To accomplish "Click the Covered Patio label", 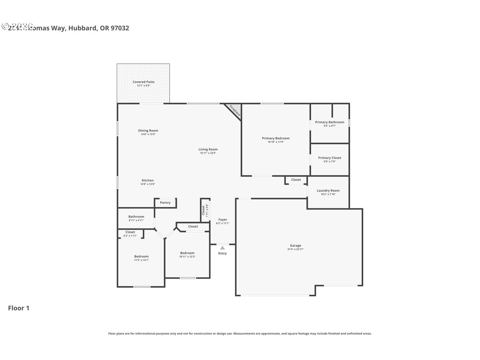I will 143,82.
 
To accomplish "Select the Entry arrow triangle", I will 222,247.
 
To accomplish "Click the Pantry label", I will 165,203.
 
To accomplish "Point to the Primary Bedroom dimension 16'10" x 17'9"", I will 276,142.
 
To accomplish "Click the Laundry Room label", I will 328,190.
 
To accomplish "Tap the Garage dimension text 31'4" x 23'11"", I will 295,249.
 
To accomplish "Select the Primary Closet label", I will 330,158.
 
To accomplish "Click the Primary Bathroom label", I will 330,122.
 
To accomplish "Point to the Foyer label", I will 223,220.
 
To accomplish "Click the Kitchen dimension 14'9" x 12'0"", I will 148,184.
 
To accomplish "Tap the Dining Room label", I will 148,130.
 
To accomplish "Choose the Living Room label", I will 208,149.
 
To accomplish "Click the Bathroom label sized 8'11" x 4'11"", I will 136,217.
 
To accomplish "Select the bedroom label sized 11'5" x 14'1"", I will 141,256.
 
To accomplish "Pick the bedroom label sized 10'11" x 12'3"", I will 187,253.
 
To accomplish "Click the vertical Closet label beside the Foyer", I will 203,210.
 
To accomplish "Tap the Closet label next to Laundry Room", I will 296,180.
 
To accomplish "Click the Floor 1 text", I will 19,308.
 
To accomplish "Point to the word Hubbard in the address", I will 83,28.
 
